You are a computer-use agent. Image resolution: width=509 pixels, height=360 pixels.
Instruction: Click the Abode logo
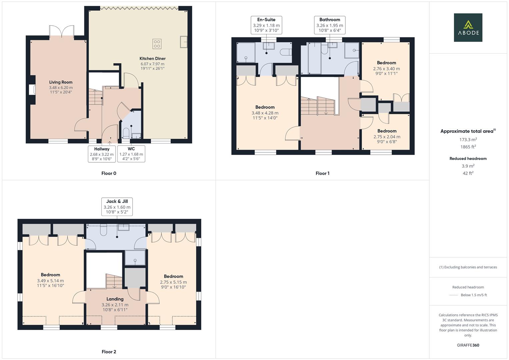[x=468, y=27]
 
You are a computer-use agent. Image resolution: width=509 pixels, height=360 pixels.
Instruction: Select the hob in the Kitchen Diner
[x=157, y=44]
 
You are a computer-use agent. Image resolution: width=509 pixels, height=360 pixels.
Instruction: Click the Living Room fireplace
[x=32, y=90]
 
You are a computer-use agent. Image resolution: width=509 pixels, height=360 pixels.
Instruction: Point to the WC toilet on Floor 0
[x=126, y=133]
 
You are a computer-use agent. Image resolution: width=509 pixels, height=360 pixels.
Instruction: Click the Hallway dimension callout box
[x=102, y=154]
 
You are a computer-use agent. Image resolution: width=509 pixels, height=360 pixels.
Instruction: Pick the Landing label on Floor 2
[x=115, y=299]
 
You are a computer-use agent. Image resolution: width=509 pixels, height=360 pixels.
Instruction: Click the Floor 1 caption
[x=322, y=173]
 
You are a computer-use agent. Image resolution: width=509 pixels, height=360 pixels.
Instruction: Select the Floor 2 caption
[x=109, y=352]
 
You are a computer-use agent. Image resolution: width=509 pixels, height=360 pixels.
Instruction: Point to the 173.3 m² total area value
[x=468, y=140]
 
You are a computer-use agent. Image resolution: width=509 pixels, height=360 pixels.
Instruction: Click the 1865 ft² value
[x=468, y=147]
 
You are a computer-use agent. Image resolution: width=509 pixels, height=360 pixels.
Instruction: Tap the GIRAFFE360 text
[x=468, y=345]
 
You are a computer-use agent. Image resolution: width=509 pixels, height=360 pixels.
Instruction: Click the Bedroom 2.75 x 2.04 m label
[x=387, y=136]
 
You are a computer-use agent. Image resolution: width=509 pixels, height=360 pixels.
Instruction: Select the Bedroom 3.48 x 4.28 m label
[x=265, y=112]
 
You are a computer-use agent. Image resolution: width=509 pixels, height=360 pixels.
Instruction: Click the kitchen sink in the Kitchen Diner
[x=183, y=42]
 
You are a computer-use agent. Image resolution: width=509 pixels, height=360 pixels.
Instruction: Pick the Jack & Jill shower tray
[x=135, y=258]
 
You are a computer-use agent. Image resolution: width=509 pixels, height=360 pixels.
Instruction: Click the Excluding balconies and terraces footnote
[x=468, y=267]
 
